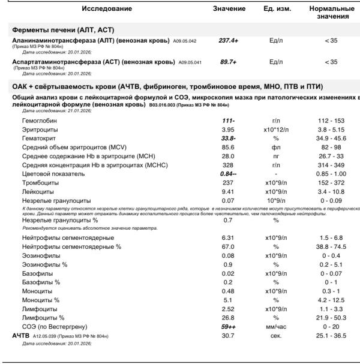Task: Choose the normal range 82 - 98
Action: point(331,147)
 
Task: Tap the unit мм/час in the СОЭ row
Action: point(276,326)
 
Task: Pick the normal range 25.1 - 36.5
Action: point(331,335)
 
